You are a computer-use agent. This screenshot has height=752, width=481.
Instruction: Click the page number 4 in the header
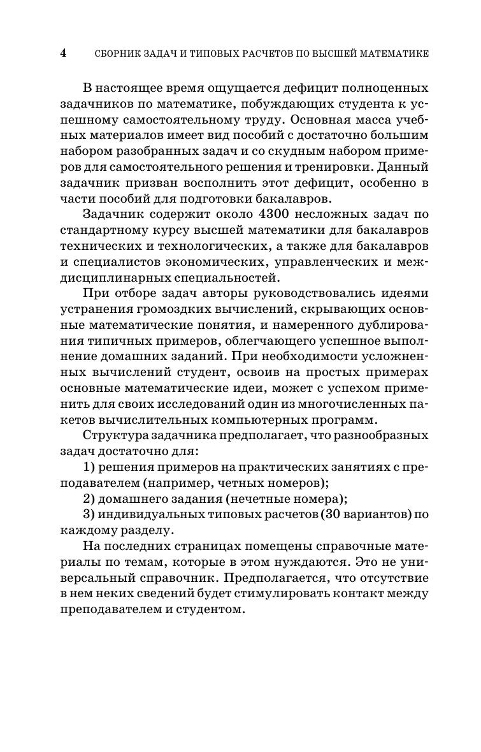pos(63,54)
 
